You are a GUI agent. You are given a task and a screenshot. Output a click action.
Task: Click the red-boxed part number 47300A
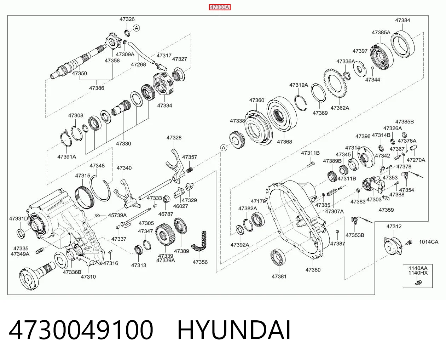[x=220, y=7]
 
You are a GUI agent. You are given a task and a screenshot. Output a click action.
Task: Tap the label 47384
[x=402, y=20]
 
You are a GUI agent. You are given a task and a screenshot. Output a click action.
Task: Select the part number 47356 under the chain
[x=200, y=262]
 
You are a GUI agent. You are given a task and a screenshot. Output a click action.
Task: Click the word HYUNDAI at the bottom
[x=234, y=330]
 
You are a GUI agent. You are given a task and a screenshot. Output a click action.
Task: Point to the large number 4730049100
[x=81, y=330]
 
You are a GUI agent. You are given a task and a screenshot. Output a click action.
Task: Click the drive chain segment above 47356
[x=199, y=242]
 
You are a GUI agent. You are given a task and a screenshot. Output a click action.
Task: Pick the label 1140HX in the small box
[x=418, y=273]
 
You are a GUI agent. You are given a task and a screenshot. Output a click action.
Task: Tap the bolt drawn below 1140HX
[x=418, y=282]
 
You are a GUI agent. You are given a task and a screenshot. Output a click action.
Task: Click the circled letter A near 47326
[x=137, y=28]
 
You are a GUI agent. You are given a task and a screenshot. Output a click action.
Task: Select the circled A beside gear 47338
[x=224, y=148]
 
